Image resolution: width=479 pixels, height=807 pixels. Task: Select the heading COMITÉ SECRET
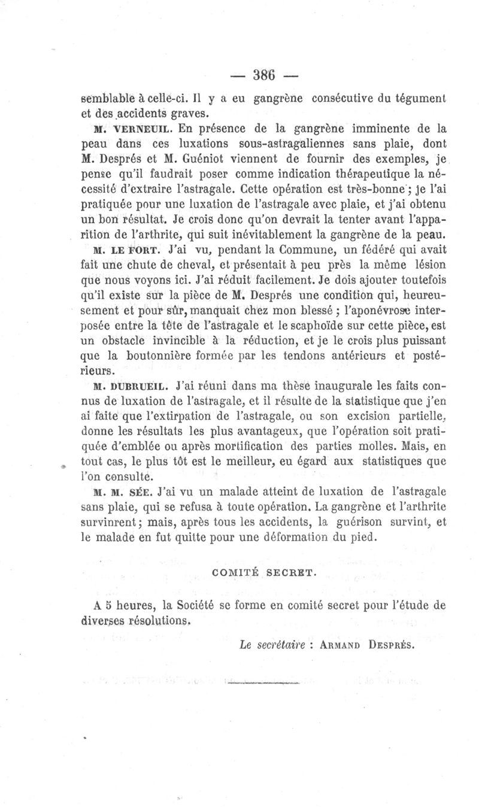[264, 572]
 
